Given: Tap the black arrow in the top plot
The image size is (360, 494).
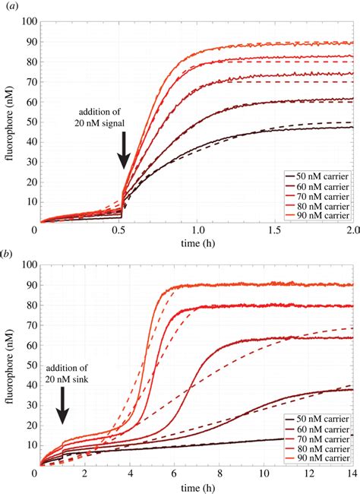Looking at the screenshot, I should click(x=124, y=149).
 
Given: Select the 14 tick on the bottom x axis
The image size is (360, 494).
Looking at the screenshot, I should click(x=350, y=474).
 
